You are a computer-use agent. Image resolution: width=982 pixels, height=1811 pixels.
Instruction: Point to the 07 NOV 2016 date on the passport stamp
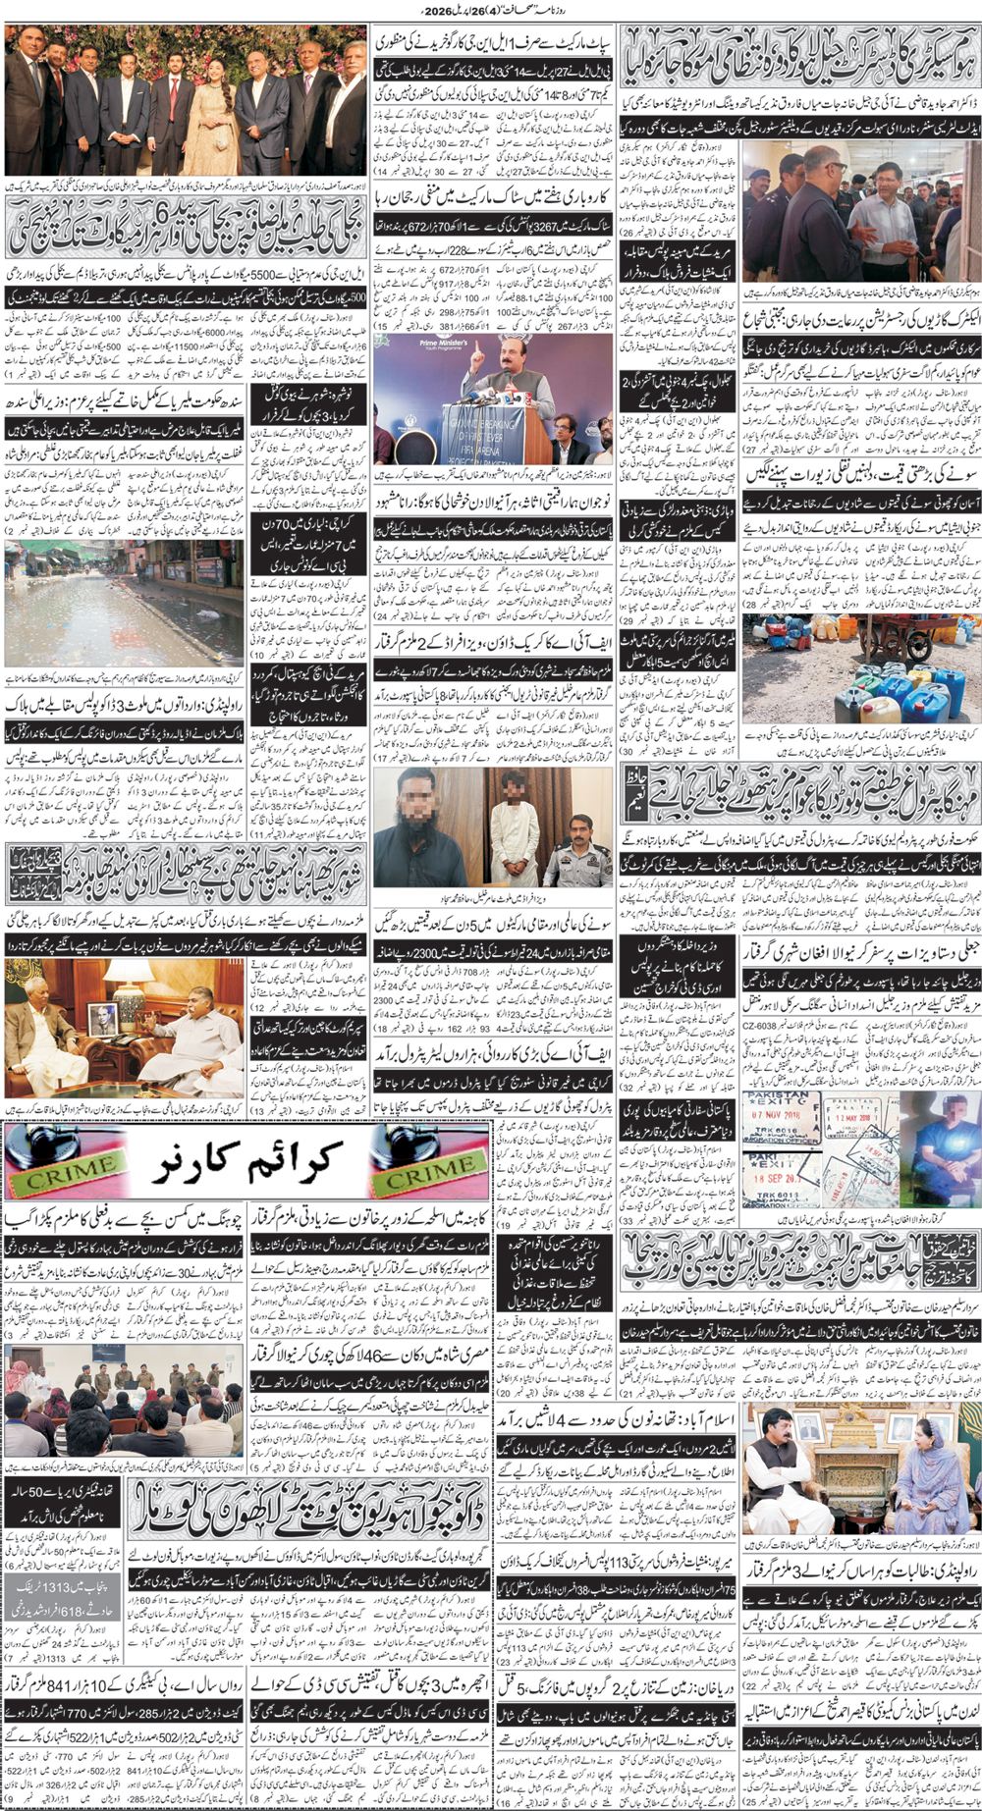tap(777, 1115)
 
